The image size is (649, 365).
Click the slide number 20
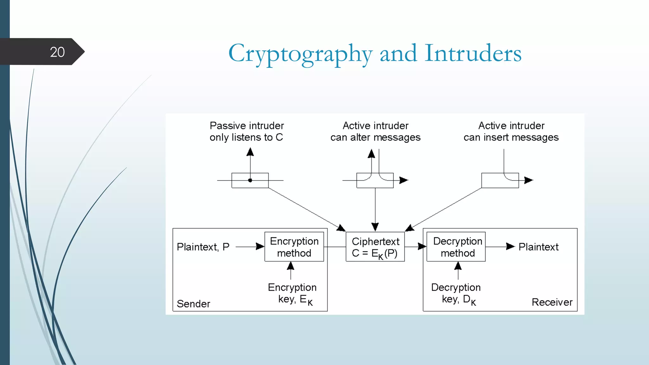point(57,52)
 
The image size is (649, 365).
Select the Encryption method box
point(294,247)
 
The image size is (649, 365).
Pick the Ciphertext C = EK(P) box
point(375,247)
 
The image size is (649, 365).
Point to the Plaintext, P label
point(203,247)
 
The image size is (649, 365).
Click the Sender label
point(193,304)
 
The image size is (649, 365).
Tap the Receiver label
point(552,302)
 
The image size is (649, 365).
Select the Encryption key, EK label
point(292,293)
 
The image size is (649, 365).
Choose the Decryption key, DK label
point(456,293)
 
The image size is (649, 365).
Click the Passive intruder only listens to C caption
point(247,131)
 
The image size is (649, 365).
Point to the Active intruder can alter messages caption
point(376,131)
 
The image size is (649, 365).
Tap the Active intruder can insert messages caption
point(511,131)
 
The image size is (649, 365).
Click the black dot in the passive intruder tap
point(250,180)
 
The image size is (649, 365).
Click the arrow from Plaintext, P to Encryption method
point(250,247)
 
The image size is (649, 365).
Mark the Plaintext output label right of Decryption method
point(538,247)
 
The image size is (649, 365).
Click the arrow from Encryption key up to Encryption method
point(291,271)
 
